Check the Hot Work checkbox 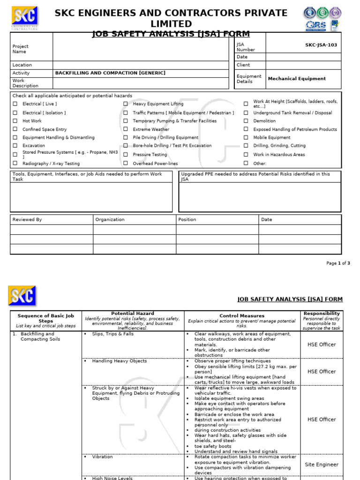15,121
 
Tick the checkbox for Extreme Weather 126,129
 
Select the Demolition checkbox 246,121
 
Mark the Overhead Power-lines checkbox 126,164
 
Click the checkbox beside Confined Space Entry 15,129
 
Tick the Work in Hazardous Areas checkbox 246,155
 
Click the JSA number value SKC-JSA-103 321,45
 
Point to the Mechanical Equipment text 297,79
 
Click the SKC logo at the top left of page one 24,17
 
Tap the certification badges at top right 322,19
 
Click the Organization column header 110,219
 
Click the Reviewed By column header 27,219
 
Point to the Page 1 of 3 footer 338,263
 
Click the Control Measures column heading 242,316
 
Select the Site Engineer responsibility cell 321,465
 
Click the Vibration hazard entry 102,457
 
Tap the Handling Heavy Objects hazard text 119,361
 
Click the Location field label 22,65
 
